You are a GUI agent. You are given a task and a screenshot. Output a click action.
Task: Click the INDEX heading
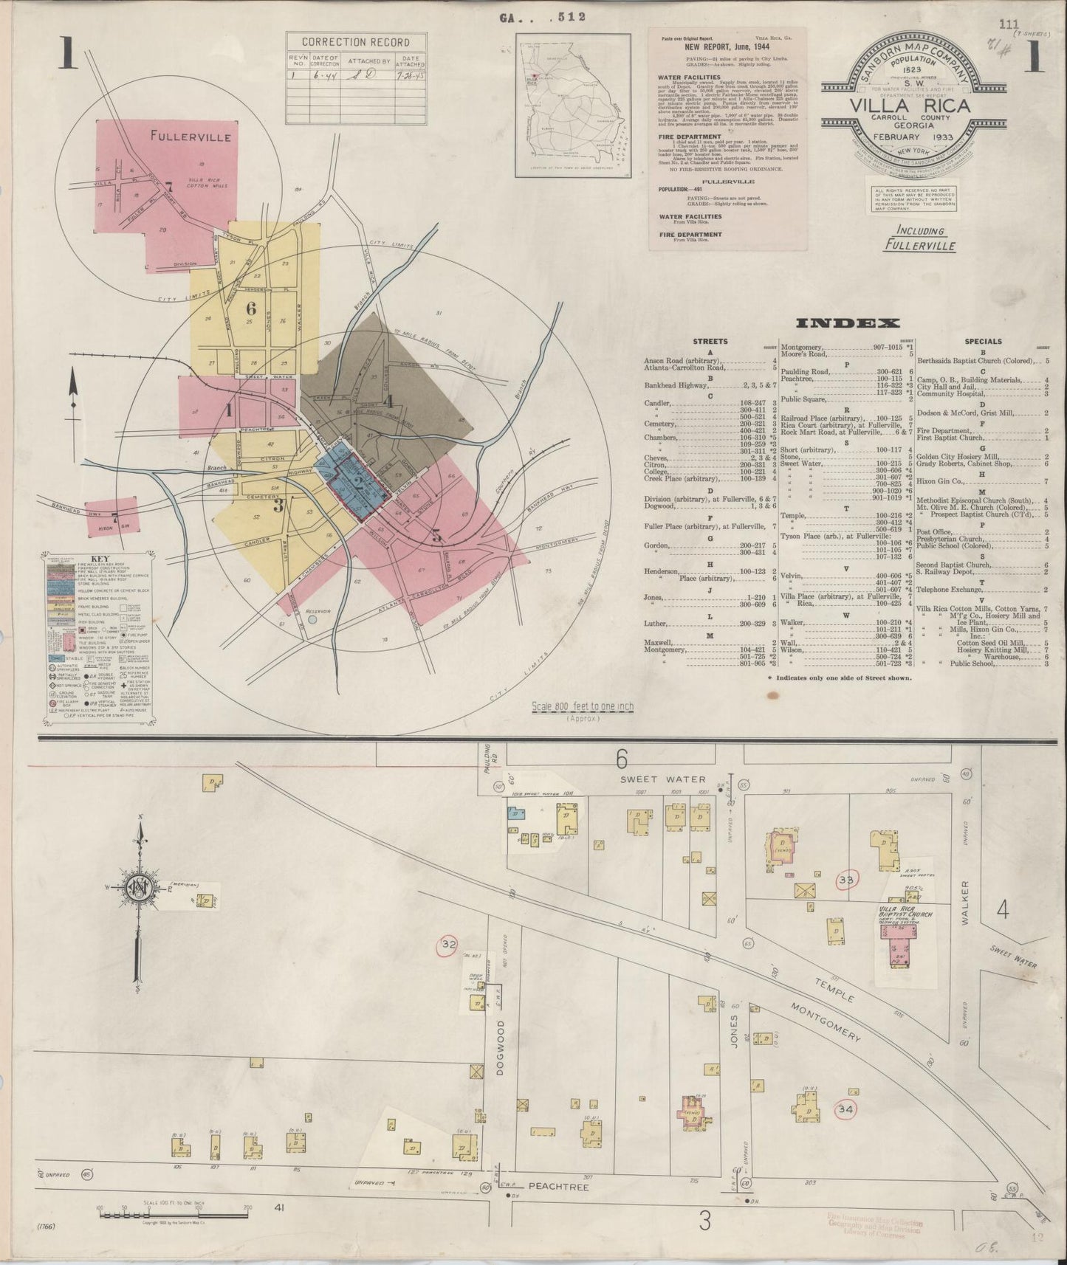coord(847,323)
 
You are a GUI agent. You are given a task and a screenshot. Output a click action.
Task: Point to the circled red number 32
coord(448,945)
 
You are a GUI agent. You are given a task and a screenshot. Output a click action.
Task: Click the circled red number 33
coord(847,880)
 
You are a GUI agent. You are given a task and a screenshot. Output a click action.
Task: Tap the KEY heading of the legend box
coord(98,559)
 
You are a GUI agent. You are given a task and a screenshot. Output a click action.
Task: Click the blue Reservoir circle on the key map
coord(312,620)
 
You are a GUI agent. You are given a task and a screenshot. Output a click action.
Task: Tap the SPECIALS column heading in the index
coord(983,342)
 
